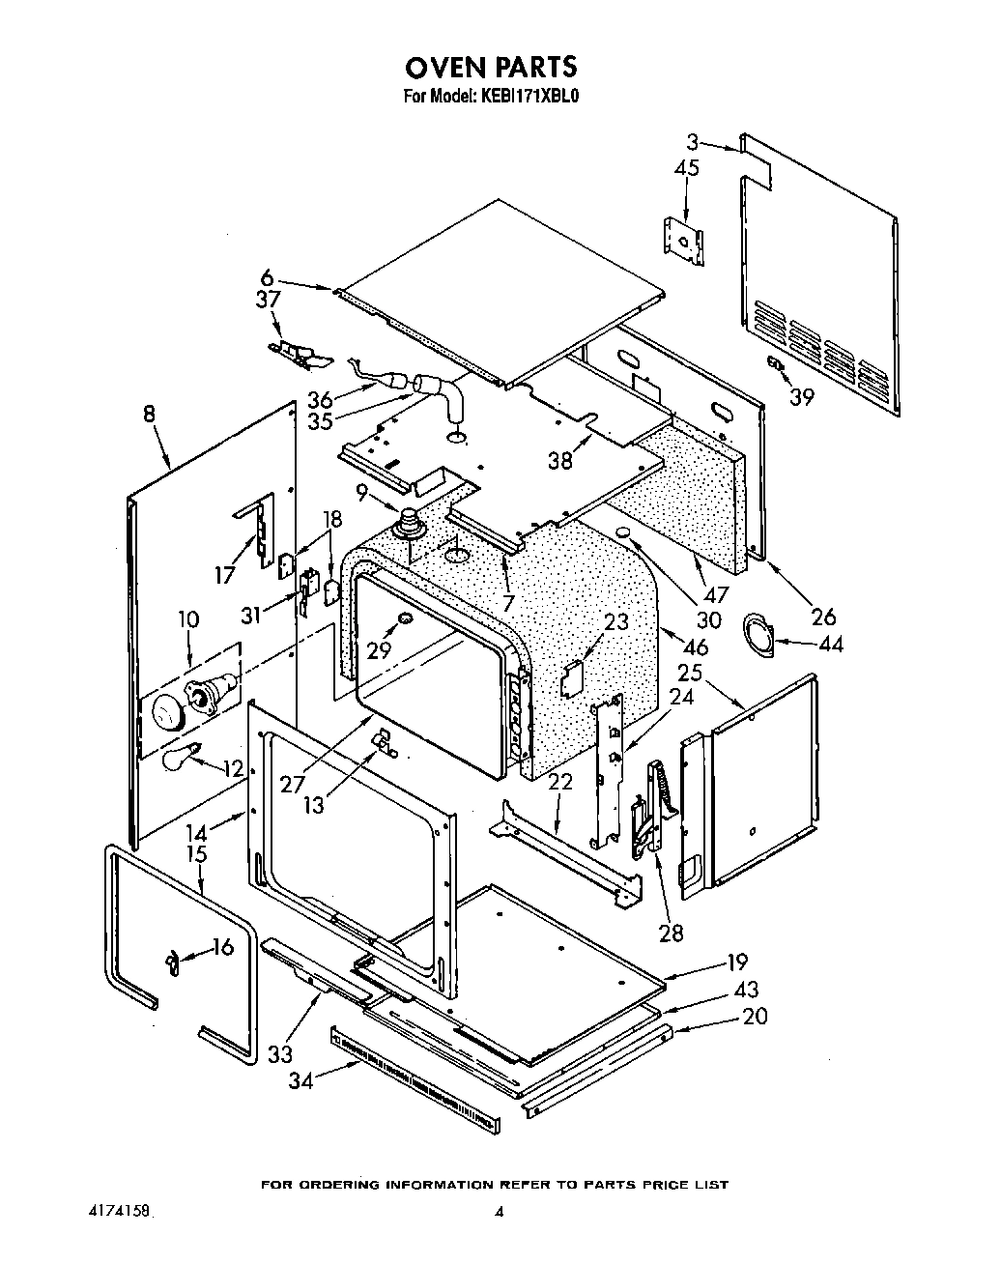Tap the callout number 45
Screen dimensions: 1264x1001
[x=687, y=168]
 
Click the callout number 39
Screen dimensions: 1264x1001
[x=802, y=395]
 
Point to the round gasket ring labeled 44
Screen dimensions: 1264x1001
[x=758, y=634]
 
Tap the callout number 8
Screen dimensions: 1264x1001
[x=148, y=414]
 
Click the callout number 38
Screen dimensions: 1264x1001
[x=560, y=460]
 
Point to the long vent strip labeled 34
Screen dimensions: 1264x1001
[x=415, y=1071]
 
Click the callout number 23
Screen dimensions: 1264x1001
[x=615, y=621]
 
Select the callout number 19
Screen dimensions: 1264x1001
[x=738, y=962]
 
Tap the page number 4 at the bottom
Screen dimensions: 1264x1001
[x=500, y=1213]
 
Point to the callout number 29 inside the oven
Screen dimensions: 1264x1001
[x=380, y=649]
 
